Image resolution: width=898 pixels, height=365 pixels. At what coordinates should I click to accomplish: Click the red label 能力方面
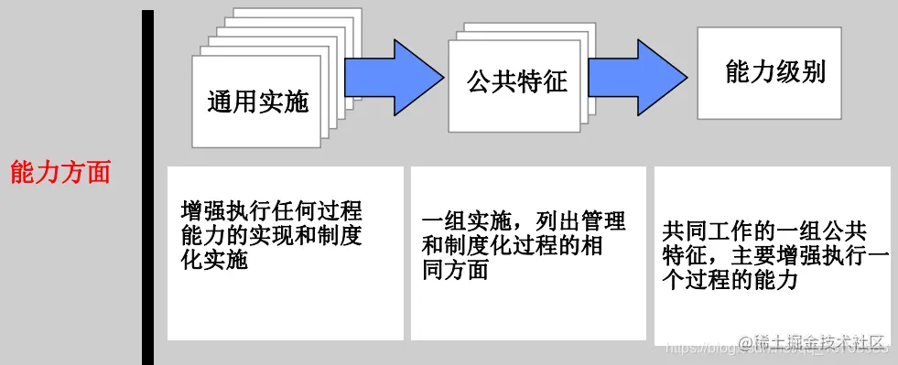coord(60,172)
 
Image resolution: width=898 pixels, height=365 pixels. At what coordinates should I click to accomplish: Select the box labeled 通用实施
coord(257,101)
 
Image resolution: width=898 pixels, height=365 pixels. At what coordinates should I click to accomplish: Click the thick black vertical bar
coord(148,188)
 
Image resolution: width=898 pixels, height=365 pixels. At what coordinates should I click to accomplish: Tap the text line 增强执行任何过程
coord(272,210)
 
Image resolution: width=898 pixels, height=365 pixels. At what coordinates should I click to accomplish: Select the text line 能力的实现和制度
coord(272,235)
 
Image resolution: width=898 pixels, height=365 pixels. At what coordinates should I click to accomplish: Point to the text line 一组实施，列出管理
coord(524,222)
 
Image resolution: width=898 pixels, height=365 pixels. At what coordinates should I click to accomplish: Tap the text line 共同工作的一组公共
coord(763,230)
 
